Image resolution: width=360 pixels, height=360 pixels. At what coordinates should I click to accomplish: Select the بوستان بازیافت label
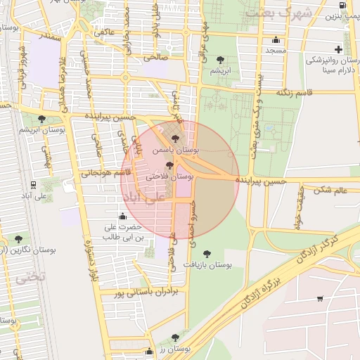(208, 265)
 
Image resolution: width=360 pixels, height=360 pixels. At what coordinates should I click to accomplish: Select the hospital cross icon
(339, 49)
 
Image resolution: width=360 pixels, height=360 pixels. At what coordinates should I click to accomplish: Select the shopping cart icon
(320, 299)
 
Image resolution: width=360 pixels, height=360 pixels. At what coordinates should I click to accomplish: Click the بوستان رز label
(175, 349)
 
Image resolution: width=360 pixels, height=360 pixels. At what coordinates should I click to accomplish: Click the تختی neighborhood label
(30, 276)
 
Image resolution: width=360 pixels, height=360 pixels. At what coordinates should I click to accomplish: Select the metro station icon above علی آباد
(33, 184)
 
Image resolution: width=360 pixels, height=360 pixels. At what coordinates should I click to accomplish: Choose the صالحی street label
(156, 57)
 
